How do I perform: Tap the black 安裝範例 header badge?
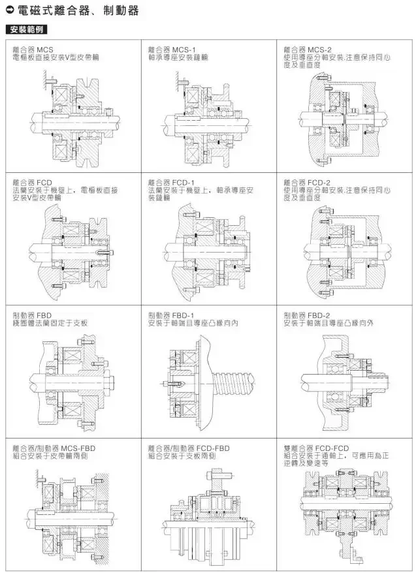coord(25,31)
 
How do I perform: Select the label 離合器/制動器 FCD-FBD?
coord(189,448)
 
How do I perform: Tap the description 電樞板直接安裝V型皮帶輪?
coord(56,57)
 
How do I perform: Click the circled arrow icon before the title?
coord(9,11)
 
